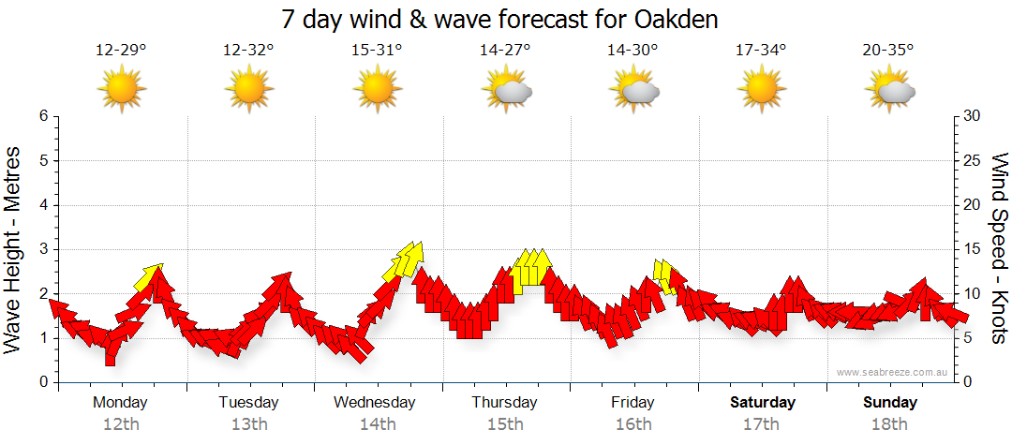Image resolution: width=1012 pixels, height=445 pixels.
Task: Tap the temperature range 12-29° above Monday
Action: pos(121,51)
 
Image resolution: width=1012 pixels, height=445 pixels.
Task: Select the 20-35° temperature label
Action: pos(888,51)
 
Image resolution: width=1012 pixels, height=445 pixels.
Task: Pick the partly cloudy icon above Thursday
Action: pos(506,90)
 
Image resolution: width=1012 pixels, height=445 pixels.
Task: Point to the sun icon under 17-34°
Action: pos(761,89)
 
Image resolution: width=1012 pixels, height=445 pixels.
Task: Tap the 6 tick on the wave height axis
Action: pos(43,116)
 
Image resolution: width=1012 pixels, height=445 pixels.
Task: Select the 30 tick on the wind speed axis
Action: pos(972,116)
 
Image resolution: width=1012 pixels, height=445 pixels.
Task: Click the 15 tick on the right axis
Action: pos(972,249)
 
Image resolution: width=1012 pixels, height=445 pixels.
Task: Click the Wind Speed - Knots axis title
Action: pos(999,248)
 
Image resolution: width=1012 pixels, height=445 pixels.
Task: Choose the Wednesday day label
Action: pos(374,403)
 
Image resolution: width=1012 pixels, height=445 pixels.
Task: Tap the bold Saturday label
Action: pos(763,403)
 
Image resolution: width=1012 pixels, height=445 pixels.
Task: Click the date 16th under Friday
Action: pos(633,424)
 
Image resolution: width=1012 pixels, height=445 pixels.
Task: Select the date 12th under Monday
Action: pos(121,424)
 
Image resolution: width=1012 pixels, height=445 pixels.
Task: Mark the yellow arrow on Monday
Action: pos(148,276)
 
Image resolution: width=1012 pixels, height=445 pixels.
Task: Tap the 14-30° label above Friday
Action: pos(632,51)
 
